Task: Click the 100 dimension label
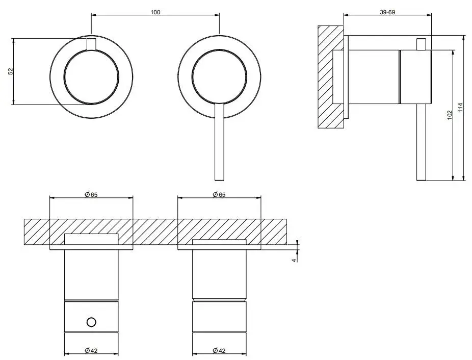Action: (155, 12)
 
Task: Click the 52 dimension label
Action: (11, 71)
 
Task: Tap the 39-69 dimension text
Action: (387, 12)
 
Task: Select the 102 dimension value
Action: (450, 115)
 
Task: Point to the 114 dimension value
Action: (460, 108)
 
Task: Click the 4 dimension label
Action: (295, 260)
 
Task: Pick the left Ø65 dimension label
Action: (91, 195)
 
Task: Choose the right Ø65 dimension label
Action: (219, 195)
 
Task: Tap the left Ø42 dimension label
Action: (91, 350)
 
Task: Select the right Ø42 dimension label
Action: (219, 350)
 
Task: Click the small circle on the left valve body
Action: (91, 322)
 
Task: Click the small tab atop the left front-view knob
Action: (91, 44)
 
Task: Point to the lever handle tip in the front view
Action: (219, 180)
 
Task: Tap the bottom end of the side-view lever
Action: (422, 180)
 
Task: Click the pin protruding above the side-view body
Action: (422, 44)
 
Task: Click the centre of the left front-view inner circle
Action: (91, 77)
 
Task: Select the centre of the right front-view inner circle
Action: (220, 77)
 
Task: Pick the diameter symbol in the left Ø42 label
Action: (87, 350)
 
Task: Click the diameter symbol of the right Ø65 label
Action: (215, 195)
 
